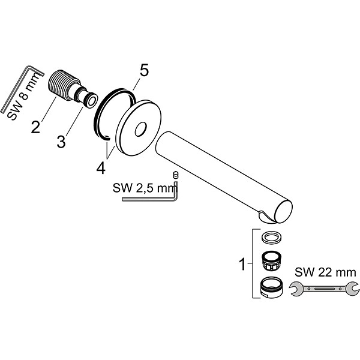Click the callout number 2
point(36,127)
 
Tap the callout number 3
point(61,142)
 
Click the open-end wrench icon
point(321,290)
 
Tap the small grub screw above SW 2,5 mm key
point(176,175)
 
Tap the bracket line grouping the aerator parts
point(252,264)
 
